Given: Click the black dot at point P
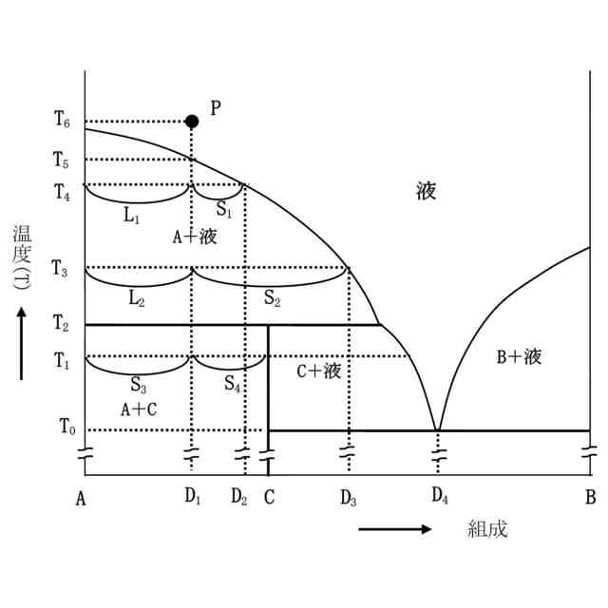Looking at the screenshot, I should [192, 121].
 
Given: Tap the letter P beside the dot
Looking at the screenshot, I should [216, 107].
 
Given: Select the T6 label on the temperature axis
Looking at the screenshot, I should [62, 121].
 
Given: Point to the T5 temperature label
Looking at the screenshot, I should [62, 160].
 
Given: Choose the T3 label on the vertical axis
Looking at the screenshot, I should [62, 269].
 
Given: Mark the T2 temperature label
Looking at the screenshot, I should [62, 325].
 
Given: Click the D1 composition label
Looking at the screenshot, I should [193, 497].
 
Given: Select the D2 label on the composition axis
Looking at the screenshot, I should [239, 497].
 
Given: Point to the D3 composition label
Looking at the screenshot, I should [348, 497].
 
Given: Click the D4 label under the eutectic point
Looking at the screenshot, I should [439, 497].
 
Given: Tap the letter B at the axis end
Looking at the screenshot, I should [590, 497].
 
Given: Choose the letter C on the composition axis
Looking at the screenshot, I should [269, 497].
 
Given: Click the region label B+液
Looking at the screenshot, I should [520, 357].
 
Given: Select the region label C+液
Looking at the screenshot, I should [318, 370].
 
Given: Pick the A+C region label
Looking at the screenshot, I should [139, 409].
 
